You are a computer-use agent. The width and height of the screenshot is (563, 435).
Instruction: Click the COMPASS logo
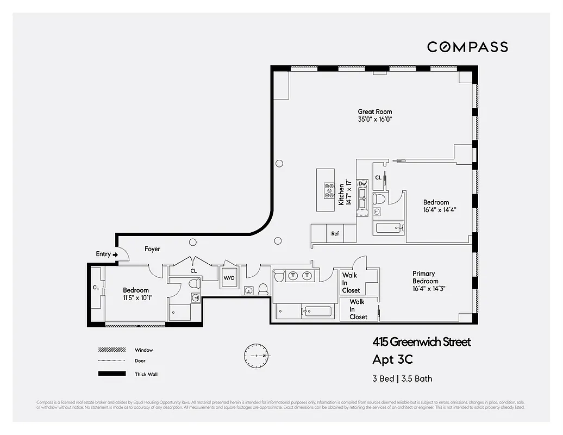pyautogui.click(x=467, y=47)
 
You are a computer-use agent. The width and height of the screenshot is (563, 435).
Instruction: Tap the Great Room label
pyautogui.click(x=374, y=112)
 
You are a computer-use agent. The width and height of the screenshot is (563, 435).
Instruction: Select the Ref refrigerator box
pyautogui.click(x=335, y=234)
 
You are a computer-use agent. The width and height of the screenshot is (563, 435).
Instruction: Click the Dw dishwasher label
pyautogui.click(x=362, y=184)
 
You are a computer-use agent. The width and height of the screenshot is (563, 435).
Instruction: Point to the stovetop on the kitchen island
pyautogui.click(x=329, y=190)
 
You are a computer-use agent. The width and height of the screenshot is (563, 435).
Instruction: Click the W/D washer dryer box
pyautogui.click(x=229, y=278)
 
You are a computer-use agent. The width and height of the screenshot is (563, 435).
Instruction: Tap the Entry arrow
pyautogui.click(x=115, y=254)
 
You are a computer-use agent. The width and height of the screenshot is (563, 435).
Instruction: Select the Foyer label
pyautogui.click(x=152, y=249)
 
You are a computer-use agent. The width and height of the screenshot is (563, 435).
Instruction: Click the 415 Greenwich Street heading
pyautogui.click(x=421, y=342)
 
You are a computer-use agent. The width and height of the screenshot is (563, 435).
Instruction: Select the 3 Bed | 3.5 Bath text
pyautogui.click(x=402, y=378)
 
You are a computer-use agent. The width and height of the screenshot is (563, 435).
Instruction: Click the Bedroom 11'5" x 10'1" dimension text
pyautogui.click(x=135, y=297)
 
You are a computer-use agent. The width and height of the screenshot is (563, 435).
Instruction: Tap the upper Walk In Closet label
pyautogui.click(x=351, y=283)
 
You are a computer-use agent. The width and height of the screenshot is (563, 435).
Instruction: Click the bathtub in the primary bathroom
pyautogui.click(x=317, y=312)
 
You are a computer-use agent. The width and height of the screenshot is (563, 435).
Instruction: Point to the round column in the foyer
pyautogui.click(x=192, y=243)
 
